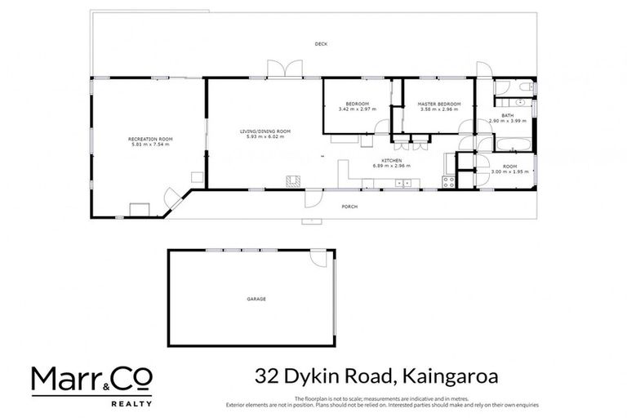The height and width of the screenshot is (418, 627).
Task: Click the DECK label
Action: click(x=320, y=44)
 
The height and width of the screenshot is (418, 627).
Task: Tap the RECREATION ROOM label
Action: click(x=149, y=140)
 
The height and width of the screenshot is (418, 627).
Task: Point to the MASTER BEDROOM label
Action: click(x=439, y=104)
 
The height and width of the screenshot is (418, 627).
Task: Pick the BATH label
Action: click(x=507, y=115)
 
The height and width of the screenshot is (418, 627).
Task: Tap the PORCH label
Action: click(x=350, y=207)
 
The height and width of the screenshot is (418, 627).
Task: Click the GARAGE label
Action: click(x=256, y=299)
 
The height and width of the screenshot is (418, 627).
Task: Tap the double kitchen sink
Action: click(x=404, y=183)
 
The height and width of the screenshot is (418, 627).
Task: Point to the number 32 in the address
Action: click(x=262, y=376)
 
